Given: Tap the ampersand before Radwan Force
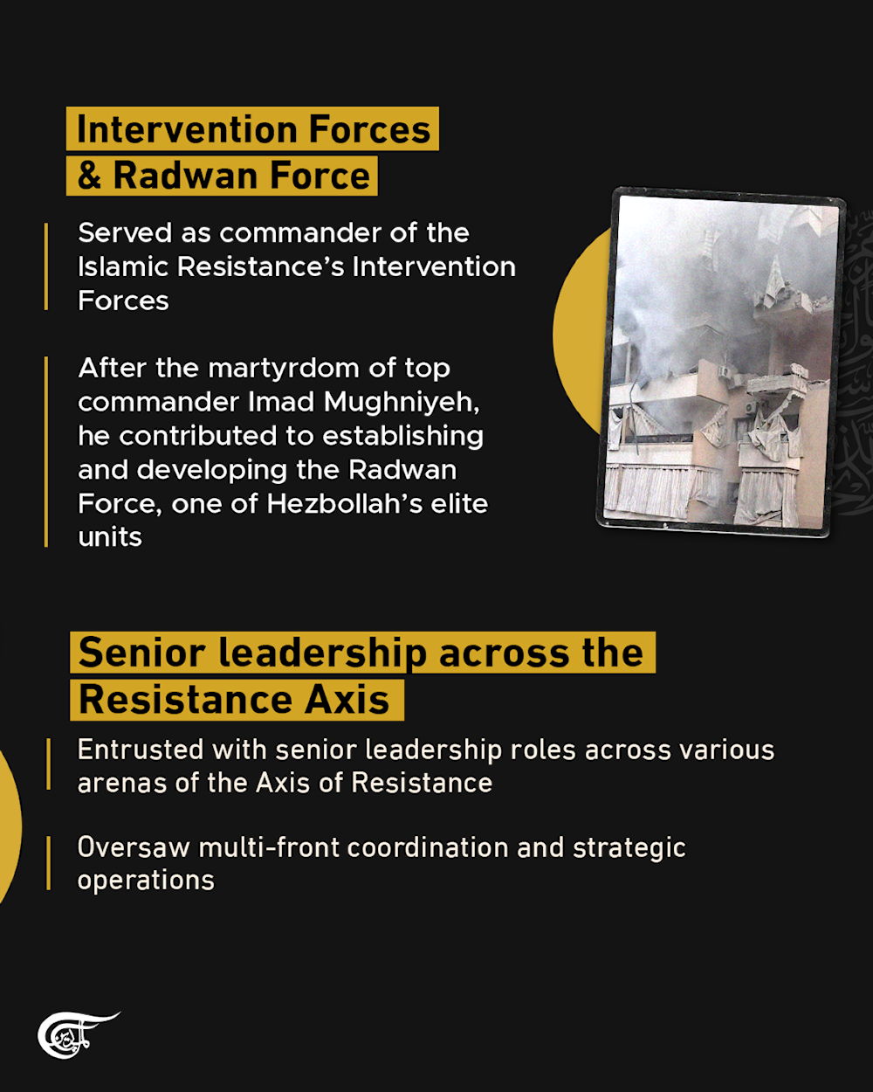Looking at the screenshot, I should coord(89,176).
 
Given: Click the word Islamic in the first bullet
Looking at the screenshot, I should coord(123,266).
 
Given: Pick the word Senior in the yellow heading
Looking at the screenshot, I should coord(141,653).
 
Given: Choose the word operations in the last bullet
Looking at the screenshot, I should coord(146,881).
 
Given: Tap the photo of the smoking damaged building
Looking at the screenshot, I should coord(721,362).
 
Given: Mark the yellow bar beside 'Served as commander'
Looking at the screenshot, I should coord(46,266).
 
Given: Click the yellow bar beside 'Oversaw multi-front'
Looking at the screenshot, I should coord(49,863).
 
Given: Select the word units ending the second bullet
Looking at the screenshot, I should coord(110,537).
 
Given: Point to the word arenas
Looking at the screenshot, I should coord(122,784).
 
